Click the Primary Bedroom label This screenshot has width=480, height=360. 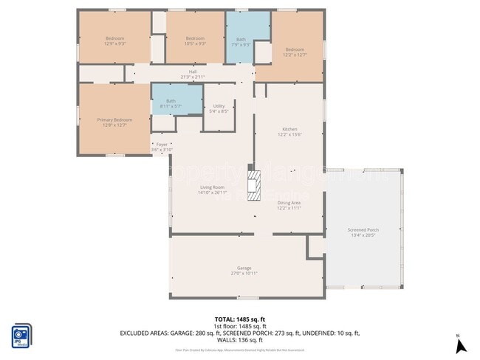pos(114,120)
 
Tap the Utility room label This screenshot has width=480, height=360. pos(219,106)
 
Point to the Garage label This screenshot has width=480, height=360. pos(244,268)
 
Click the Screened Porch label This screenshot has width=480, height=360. pos(363,229)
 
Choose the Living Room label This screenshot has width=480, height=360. pos(211,187)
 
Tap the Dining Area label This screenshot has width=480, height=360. pos(288,203)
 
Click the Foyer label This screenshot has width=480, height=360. pos(161,145)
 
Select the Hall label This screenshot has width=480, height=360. pos(192,72)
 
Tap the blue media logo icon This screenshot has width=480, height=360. pos(21,334)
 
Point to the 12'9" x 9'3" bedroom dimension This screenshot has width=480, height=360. pos(114,44)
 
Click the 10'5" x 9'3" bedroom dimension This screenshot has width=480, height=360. pos(194,44)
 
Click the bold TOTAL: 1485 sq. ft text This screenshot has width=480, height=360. pos(240,319)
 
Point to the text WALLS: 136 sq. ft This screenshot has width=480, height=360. pos(240,340)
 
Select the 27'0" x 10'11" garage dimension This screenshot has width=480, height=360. pos(244,274)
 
